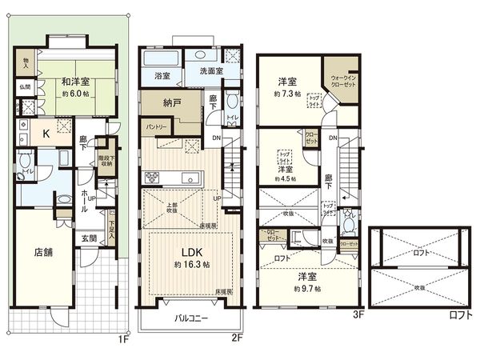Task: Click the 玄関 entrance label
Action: coord(88,238)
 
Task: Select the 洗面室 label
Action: coord(210,71)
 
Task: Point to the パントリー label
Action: coord(156,128)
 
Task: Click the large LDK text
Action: coord(190,250)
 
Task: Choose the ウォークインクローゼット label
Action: coord(340,80)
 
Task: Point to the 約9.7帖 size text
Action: coord(307,288)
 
